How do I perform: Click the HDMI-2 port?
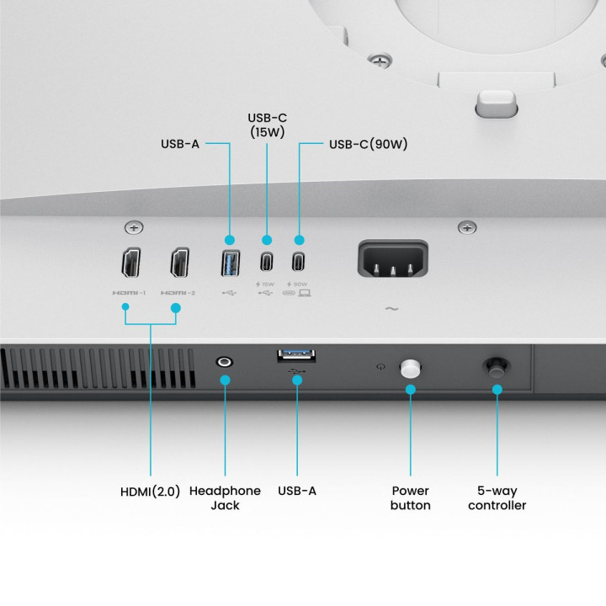click(180, 263)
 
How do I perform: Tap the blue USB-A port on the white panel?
click(229, 263)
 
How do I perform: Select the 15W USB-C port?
click(267, 263)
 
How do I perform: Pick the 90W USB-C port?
click(298, 263)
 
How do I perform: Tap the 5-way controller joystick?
click(496, 367)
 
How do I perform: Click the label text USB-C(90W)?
click(368, 144)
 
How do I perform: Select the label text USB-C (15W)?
click(267, 125)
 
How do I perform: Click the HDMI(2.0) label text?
click(151, 491)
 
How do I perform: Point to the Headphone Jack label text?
click(225, 497)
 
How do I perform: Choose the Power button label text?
click(411, 497)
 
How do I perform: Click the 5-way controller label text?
click(497, 497)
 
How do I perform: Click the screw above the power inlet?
click(467, 226)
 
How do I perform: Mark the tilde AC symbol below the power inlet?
click(391, 309)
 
